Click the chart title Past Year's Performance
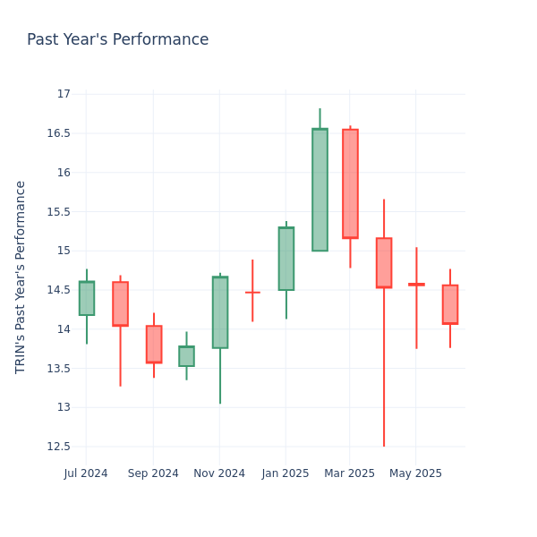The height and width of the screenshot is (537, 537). (117, 40)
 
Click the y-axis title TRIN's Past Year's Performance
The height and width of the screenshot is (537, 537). (21, 277)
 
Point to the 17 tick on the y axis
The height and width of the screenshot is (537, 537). (64, 94)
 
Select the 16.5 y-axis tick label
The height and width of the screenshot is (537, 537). (58, 133)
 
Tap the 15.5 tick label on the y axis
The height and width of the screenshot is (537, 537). (58, 212)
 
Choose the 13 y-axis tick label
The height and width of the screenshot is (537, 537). (64, 407)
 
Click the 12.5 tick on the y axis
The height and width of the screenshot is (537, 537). (58, 447)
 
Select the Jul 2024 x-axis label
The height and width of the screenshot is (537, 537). (86, 473)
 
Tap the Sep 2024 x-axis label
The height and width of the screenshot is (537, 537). (153, 473)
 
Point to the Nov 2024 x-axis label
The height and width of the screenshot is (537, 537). (219, 473)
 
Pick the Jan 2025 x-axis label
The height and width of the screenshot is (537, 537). (286, 473)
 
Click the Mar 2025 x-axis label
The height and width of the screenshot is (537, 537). (350, 473)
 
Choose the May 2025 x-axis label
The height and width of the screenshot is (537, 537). (416, 473)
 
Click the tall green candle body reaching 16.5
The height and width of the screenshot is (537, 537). (320, 190)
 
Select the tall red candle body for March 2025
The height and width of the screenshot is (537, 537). (350, 183)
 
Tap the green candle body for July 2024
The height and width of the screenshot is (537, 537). (87, 298)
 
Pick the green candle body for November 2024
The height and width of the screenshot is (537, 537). (220, 312)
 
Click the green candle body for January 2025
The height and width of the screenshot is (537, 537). (286, 259)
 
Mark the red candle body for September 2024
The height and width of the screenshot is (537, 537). (154, 345)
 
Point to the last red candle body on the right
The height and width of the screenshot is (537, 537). (450, 304)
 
